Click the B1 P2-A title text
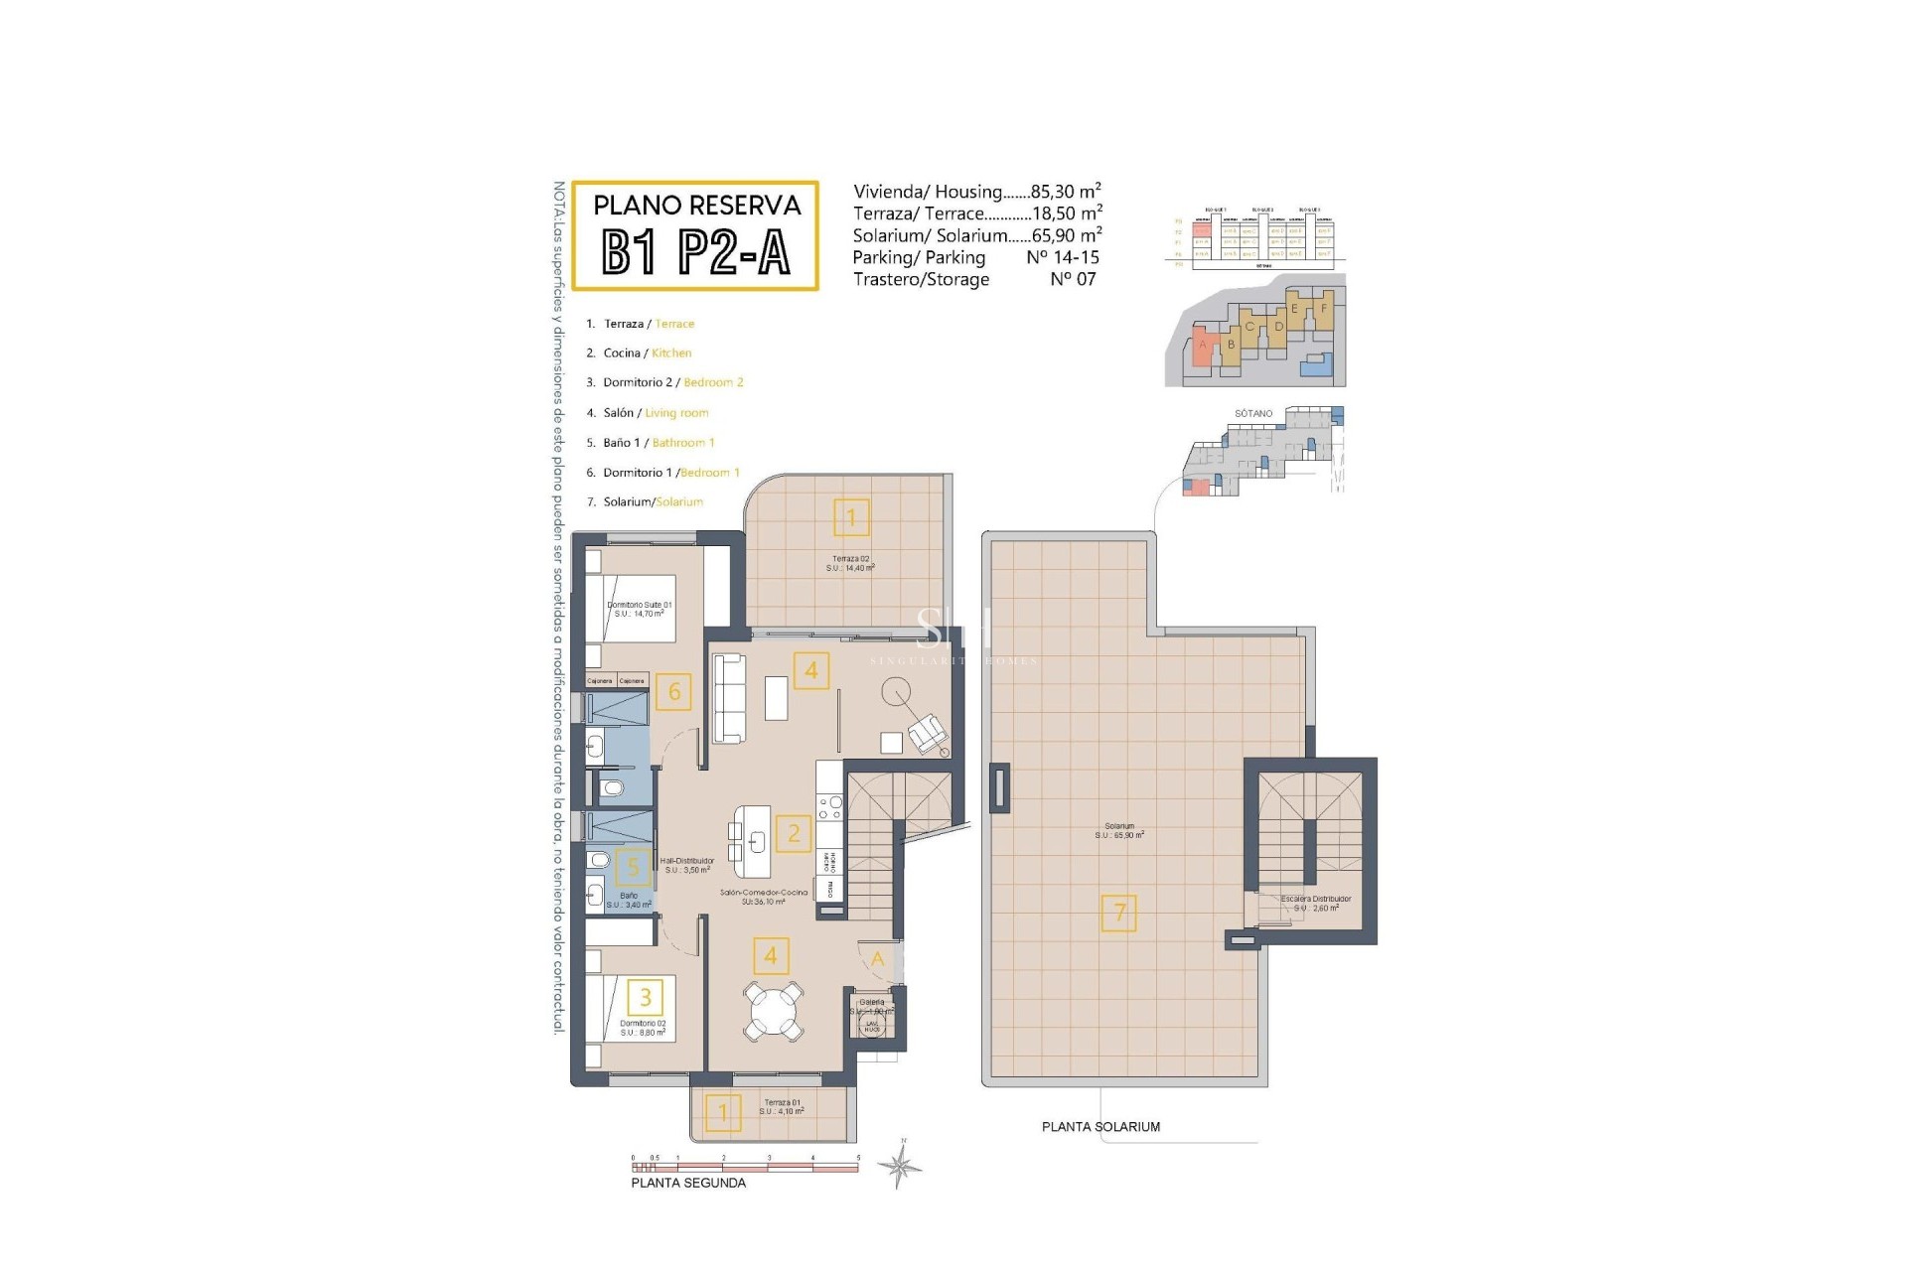click(696, 252)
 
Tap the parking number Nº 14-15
click(1062, 257)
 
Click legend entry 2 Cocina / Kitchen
click(647, 353)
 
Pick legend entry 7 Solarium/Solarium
click(652, 501)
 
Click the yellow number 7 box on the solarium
click(1119, 913)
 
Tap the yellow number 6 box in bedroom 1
click(674, 692)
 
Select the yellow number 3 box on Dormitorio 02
click(646, 997)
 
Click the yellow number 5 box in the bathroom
click(634, 868)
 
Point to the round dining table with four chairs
click(773, 1011)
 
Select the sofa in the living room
click(729, 697)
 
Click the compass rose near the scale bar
click(900, 1166)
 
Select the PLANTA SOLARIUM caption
click(1100, 1127)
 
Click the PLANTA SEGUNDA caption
click(688, 1183)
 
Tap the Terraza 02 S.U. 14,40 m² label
click(850, 563)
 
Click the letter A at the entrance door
click(877, 959)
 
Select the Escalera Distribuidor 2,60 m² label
click(1316, 903)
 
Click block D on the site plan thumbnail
click(1278, 327)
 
